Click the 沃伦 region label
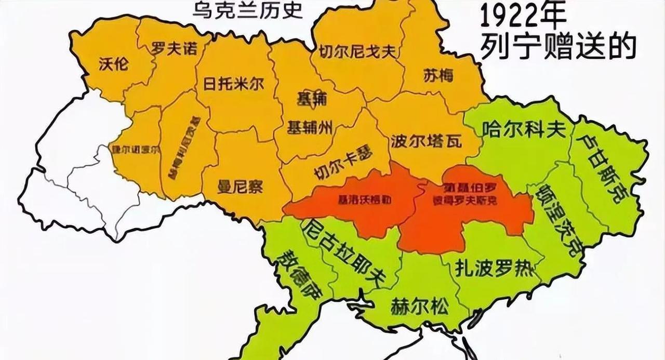click(x=114, y=64)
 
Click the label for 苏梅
click(x=437, y=76)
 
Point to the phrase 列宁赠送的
click(x=558, y=48)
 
